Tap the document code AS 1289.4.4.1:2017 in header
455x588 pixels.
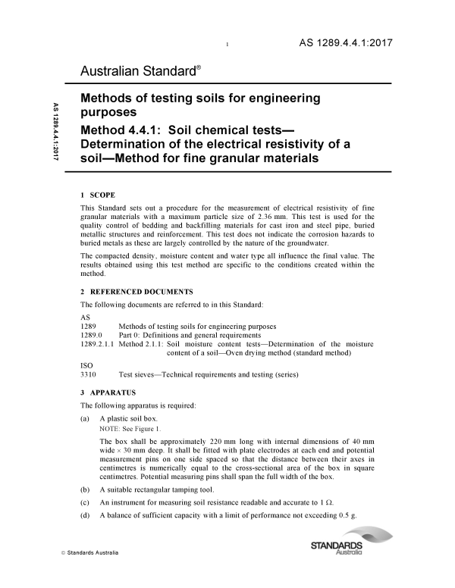343,42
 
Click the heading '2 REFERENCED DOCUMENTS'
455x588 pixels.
136,292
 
